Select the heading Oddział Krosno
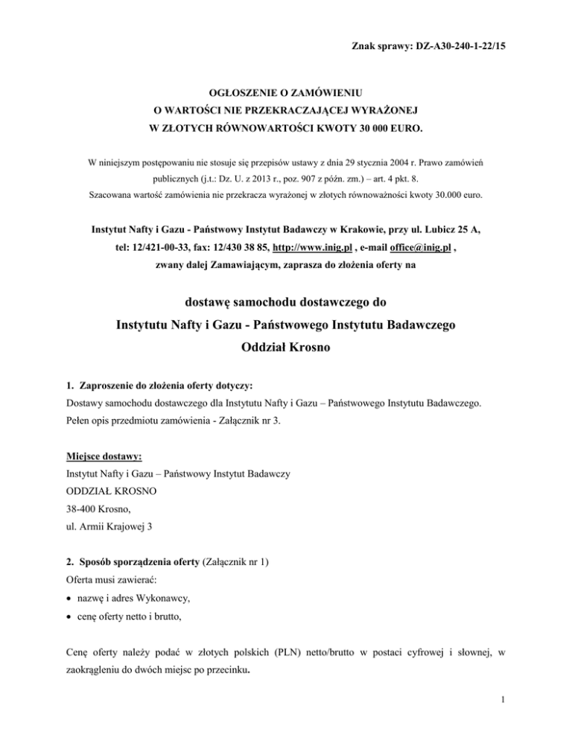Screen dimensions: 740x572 pyautogui.click(x=286, y=348)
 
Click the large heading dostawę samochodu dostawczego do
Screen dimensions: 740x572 pyautogui.click(x=286, y=303)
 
